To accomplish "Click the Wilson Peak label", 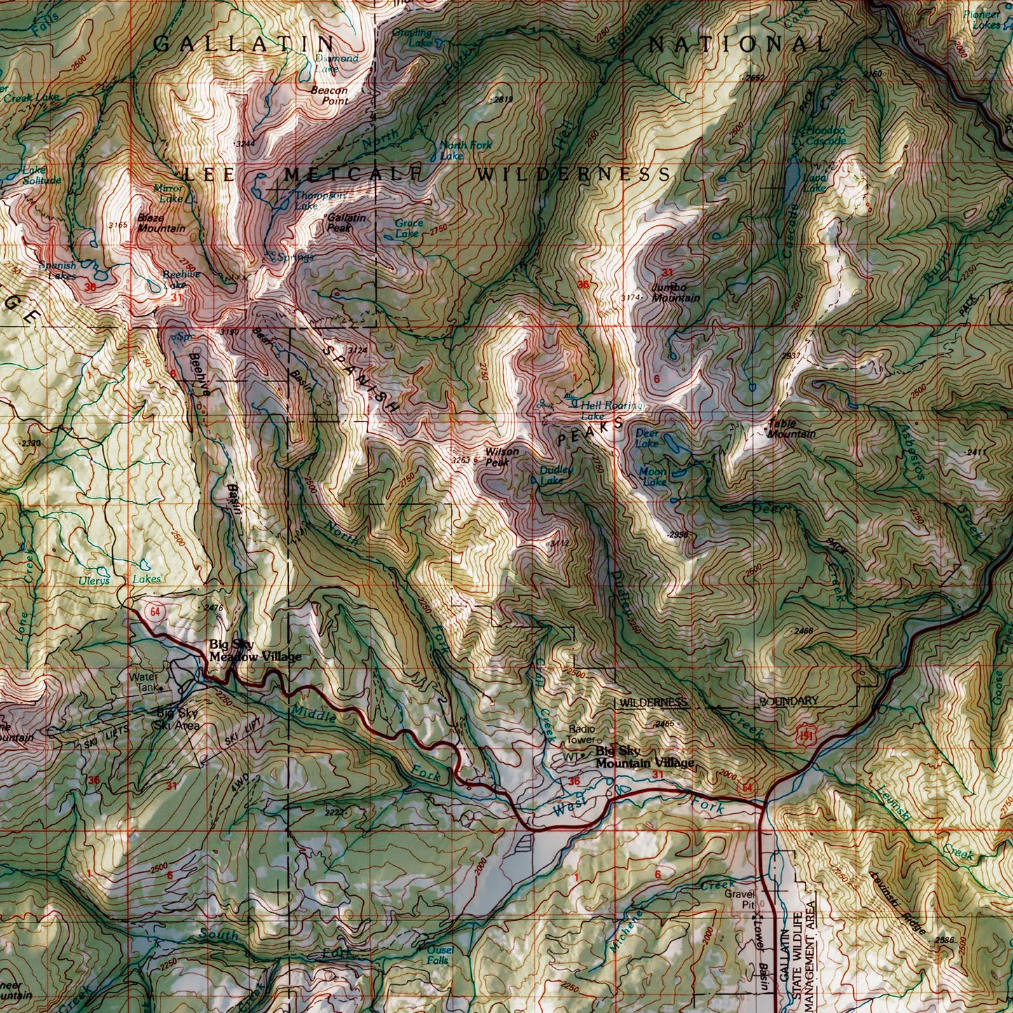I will pos(502,457).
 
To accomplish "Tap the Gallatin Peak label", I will pos(346,223).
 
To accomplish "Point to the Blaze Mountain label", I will pos(161,223).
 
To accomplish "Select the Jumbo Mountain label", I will pos(675,293).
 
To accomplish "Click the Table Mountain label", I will pos(791,429).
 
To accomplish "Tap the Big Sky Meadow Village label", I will pos(255,651).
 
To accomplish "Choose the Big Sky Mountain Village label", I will pos(644,757).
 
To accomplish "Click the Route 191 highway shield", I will pos(806,735).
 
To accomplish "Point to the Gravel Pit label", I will pos(737,899).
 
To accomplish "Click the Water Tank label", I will pos(144,682).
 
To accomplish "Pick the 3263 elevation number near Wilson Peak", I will pos(461,461).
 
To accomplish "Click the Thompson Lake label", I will pos(318,200).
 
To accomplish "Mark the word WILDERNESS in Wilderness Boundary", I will pos(652,702).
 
